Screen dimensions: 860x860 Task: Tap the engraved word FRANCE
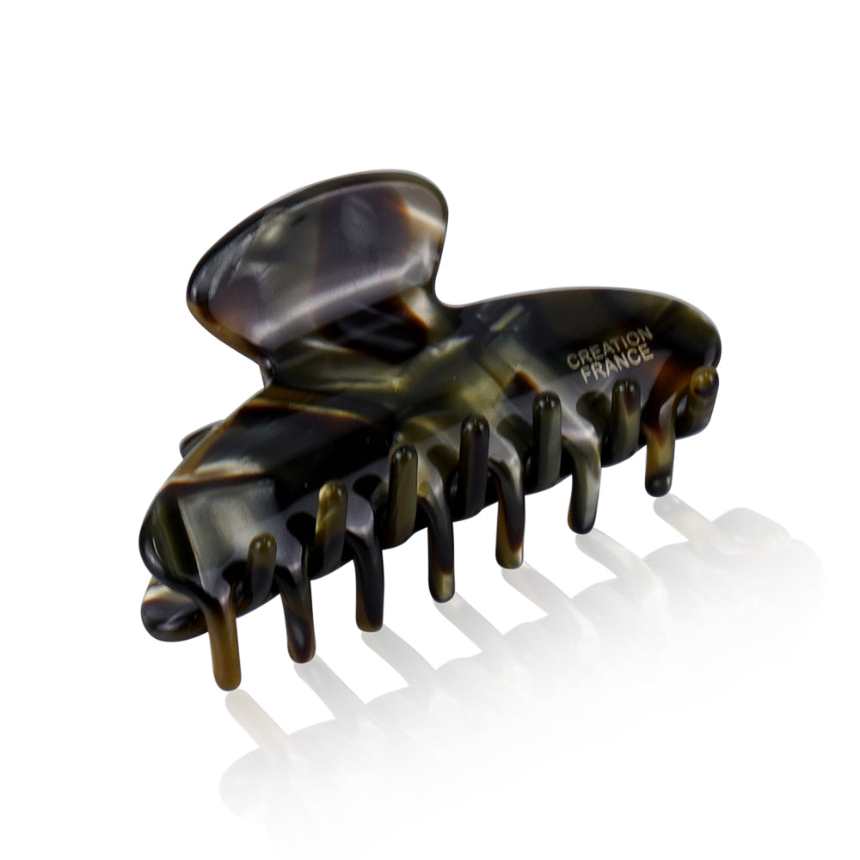pos(617,364)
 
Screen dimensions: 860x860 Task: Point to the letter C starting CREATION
pos(572,361)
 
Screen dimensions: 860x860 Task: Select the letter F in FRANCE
pos(587,376)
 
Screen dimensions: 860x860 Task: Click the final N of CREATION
pos(646,334)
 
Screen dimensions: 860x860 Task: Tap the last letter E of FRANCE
pos(648,353)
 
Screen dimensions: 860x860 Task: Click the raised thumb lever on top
pos(318,258)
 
